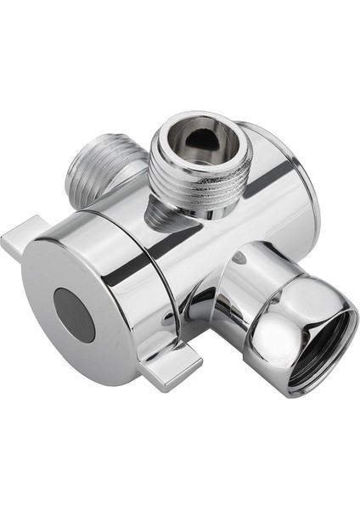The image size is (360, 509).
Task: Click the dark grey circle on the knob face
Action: (x=76, y=314)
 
